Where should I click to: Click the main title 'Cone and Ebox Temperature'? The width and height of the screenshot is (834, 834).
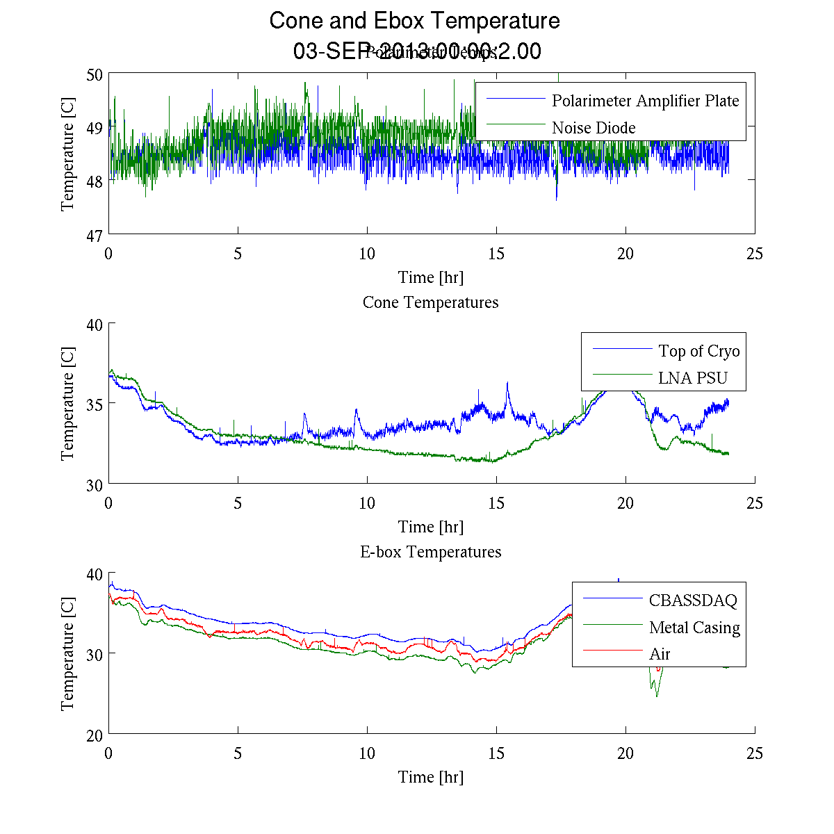(414, 21)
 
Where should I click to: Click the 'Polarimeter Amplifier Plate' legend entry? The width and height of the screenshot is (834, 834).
(645, 101)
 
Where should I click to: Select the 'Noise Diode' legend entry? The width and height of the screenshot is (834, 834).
(594, 128)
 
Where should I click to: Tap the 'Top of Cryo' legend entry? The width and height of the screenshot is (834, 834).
(698, 351)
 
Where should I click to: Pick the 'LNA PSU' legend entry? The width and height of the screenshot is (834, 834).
(692, 378)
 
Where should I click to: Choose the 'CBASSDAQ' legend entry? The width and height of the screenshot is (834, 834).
(692, 600)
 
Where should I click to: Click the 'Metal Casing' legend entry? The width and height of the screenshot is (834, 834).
(694, 628)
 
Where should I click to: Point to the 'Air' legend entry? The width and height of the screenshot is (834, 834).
(660, 654)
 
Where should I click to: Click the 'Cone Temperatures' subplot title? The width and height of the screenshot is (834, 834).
(430, 302)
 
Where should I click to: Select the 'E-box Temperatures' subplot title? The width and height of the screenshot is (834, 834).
(430, 552)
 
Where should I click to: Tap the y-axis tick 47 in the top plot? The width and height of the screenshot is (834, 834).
(95, 236)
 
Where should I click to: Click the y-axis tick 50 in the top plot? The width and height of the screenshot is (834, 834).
(95, 75)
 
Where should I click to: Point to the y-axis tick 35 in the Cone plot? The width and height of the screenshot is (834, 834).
(95, 404)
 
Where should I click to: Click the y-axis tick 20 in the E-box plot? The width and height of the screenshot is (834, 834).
(95, 735)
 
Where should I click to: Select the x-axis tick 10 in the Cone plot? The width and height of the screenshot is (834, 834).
(367, 504)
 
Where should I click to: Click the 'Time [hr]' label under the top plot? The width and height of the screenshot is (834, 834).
(430, 277)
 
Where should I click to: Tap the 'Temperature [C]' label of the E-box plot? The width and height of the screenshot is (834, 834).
(67, 654)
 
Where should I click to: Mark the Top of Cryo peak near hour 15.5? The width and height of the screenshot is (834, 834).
(507, 383)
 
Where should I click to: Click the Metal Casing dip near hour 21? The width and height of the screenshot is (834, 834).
(656, 696)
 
